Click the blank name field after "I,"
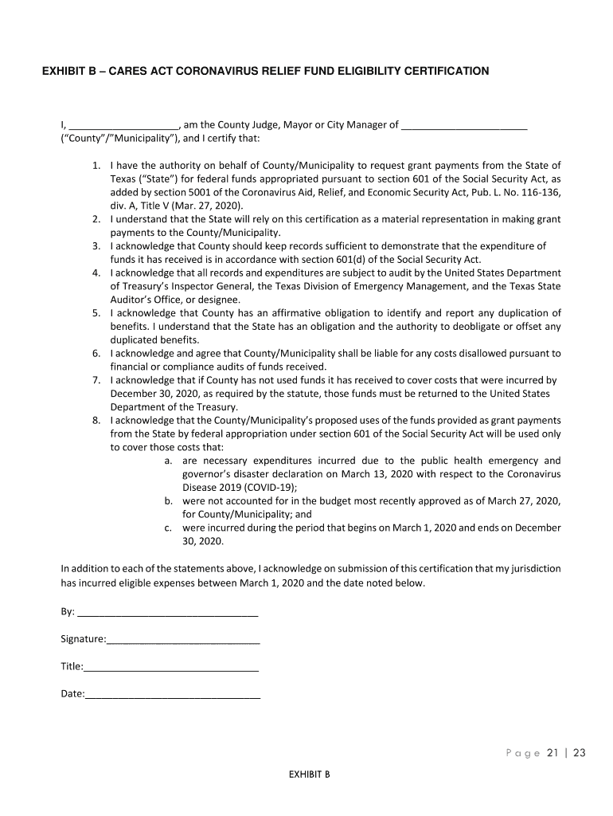123,125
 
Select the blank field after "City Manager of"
464,125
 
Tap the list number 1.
96,166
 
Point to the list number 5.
96,312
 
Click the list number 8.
96,420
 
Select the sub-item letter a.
169,461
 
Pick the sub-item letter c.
169,528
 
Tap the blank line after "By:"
167,612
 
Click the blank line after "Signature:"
183,640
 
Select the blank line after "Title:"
171,667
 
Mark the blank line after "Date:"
173,694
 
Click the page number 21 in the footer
552,754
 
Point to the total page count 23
579,754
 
